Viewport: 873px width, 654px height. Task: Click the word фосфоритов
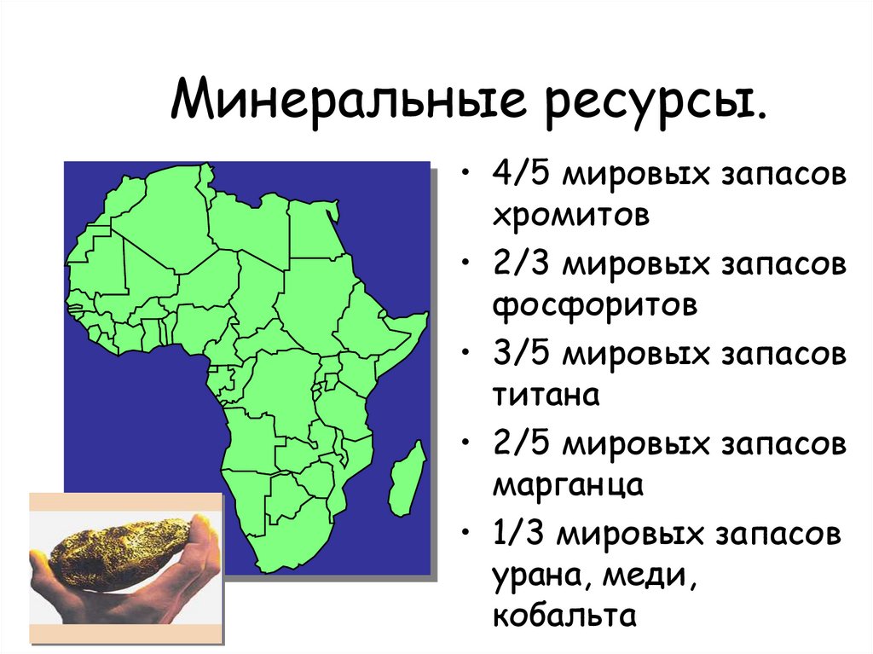click(x=595, y=304)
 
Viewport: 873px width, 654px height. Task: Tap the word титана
click(x=546, y=395)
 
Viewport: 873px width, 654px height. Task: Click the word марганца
click(x=566, y=486)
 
